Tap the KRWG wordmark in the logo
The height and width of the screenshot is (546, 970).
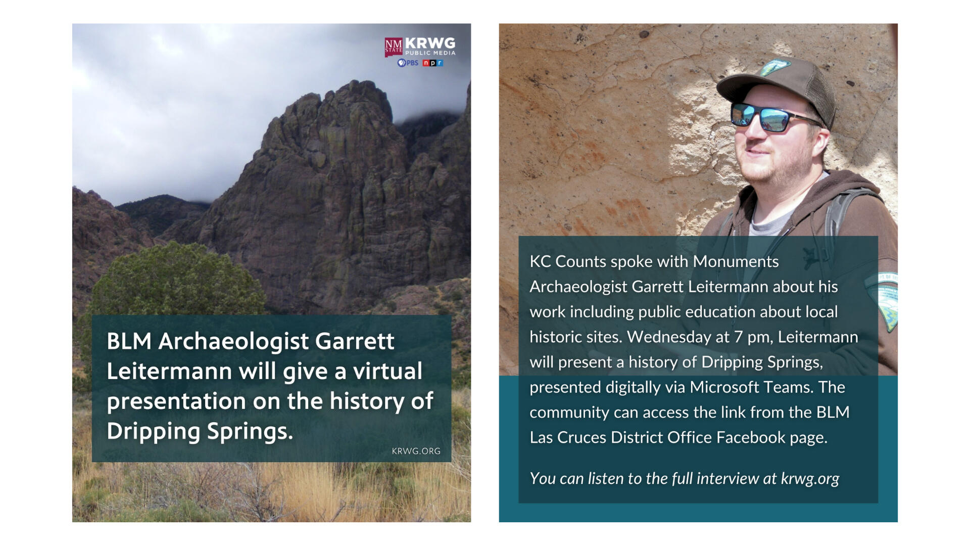tap(430, 43)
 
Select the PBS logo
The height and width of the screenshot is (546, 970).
tap(408, 63)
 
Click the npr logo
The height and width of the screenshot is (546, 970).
tap(433, 63)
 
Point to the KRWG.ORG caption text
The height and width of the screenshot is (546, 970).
tap(416, 451)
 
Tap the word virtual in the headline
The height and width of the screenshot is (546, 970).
tap(387, 371)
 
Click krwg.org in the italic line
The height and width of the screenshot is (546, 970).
tap(810, 479)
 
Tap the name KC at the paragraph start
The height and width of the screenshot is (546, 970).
tap(540, 262)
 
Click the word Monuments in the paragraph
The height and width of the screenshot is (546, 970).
tap(736, 262)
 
